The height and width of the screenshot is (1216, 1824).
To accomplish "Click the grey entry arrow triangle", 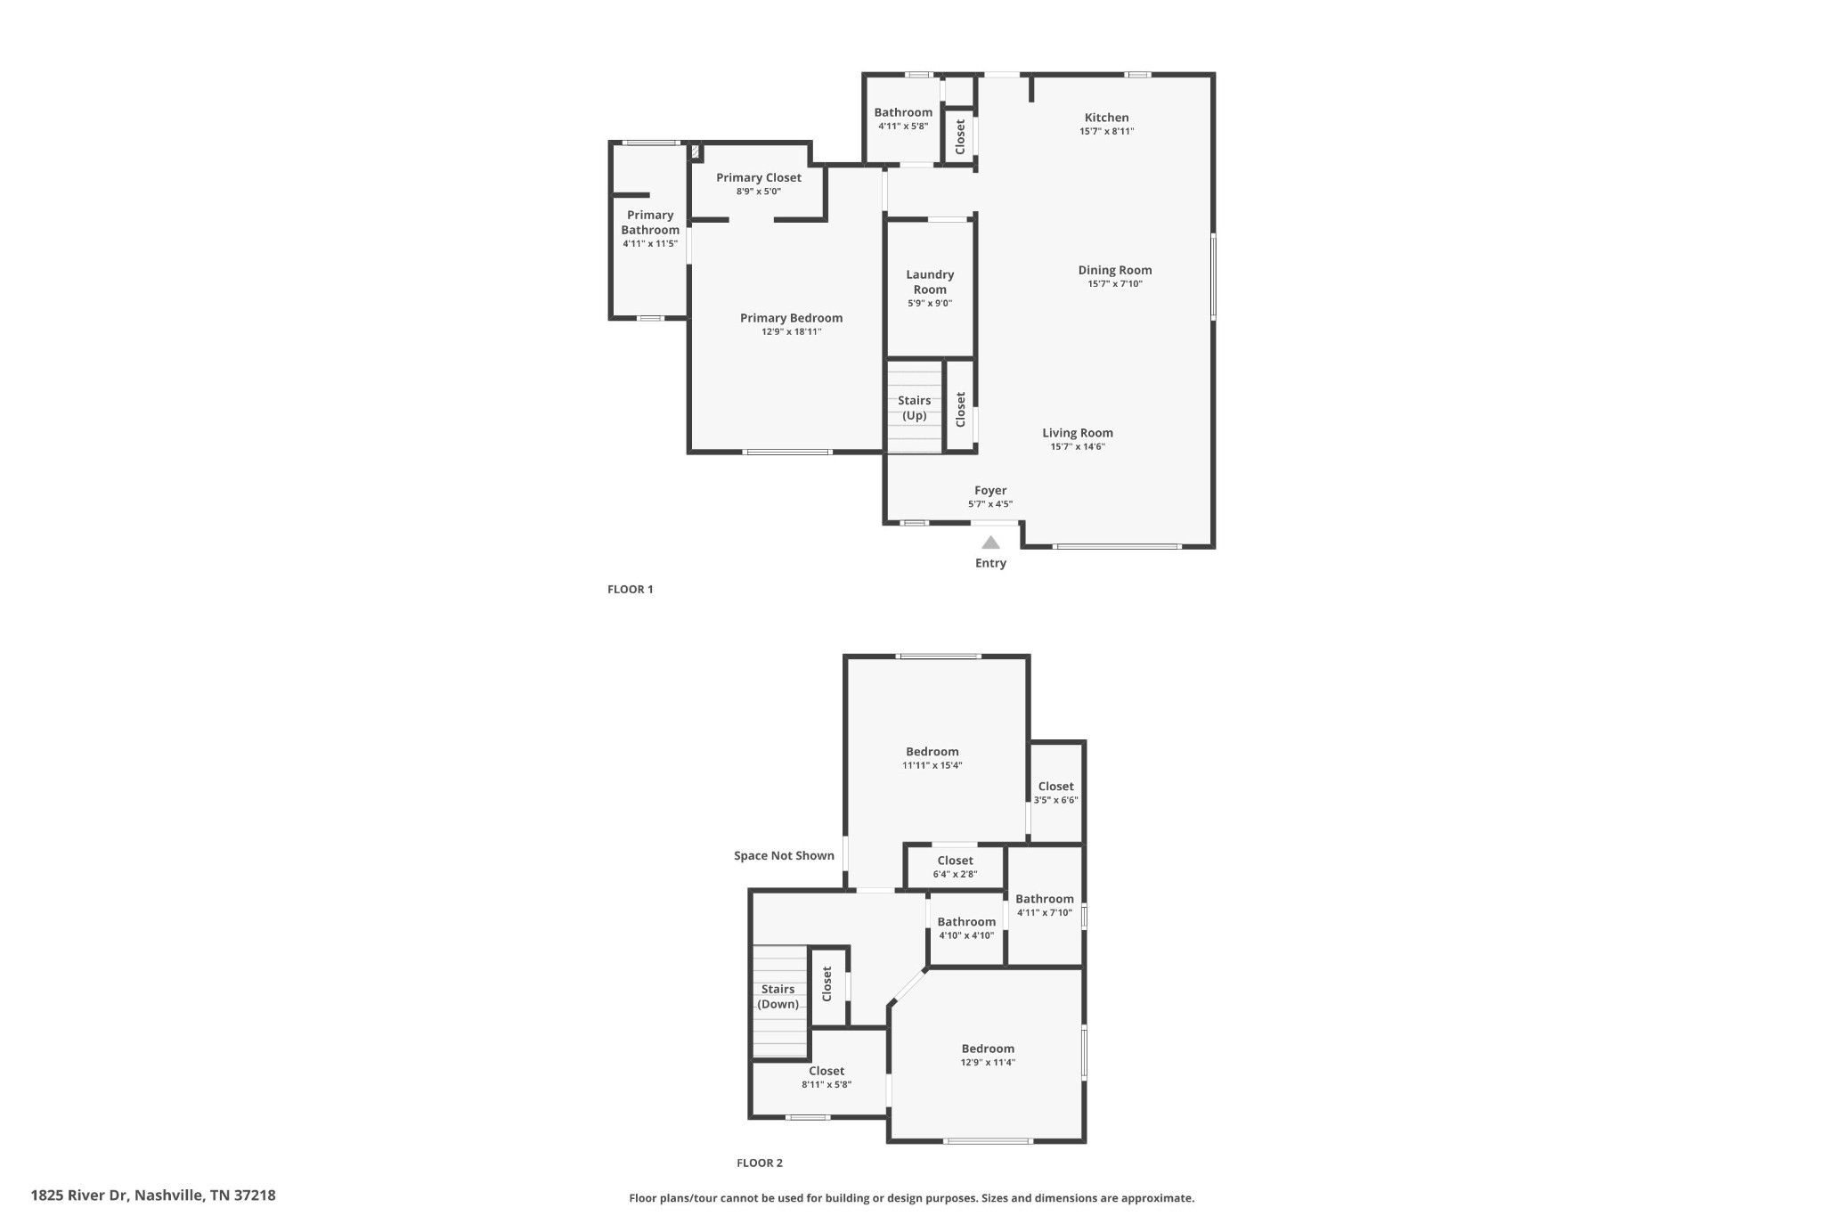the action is [990, 543].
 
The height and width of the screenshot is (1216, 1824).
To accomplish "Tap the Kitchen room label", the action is [1106, 118].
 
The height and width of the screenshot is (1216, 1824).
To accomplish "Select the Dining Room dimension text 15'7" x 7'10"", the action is [1115, 284].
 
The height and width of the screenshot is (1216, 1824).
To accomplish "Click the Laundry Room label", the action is [930, 282].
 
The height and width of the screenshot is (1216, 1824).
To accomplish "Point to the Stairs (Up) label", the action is [915, 408].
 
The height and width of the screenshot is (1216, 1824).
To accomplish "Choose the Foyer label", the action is [990, 490].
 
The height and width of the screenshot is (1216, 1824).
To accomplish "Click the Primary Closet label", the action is [759, 177].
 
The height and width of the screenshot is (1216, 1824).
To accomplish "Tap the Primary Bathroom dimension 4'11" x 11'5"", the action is [650, 243].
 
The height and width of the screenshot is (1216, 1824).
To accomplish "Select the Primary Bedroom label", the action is [792, 318].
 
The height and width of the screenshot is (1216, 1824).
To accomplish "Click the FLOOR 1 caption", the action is [631, 589].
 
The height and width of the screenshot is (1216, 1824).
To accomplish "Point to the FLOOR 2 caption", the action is [760, 1163].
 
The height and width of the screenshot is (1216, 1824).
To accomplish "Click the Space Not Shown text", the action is [784, 856].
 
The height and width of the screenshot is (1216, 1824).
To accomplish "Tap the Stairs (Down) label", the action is [778, 997].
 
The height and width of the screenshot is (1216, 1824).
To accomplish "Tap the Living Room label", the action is [1078, 433].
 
